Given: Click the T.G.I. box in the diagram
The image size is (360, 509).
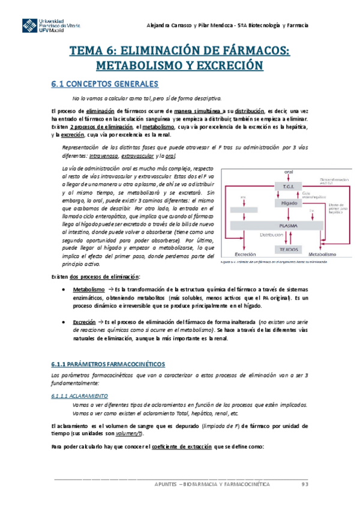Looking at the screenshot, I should tap(282, 185).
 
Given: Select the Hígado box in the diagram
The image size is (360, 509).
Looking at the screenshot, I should tap(282, 203).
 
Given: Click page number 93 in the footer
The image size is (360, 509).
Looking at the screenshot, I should tap(305, 484).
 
